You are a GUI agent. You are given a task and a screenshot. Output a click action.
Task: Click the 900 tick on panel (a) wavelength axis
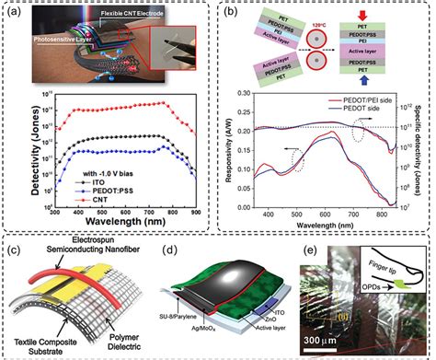(194, 213)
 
